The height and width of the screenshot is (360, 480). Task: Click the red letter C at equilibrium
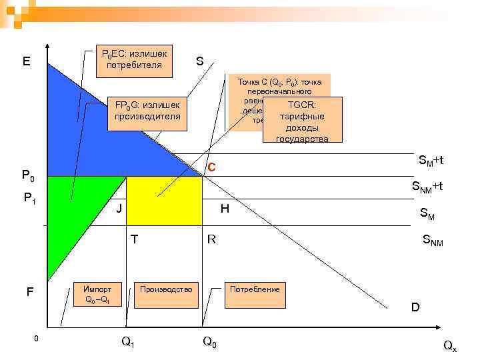pos(211,167)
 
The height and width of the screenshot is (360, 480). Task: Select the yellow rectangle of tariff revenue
pos(164,201)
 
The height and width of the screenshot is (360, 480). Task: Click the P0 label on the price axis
pos(29,177)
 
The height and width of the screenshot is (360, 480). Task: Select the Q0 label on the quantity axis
pos(209,342)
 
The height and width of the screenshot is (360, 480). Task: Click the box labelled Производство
pos(166,294)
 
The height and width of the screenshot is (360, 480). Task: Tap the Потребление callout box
pos(255,294)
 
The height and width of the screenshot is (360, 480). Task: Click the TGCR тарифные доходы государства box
pos(302,121)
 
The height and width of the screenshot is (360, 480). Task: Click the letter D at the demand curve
pos(415,307)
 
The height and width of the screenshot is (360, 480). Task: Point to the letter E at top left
pos(26,61)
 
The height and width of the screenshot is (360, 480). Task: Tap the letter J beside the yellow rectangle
pos(119,209)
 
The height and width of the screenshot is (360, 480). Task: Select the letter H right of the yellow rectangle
pos(225,209)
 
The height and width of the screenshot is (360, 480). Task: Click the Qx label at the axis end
pos(450,345)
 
